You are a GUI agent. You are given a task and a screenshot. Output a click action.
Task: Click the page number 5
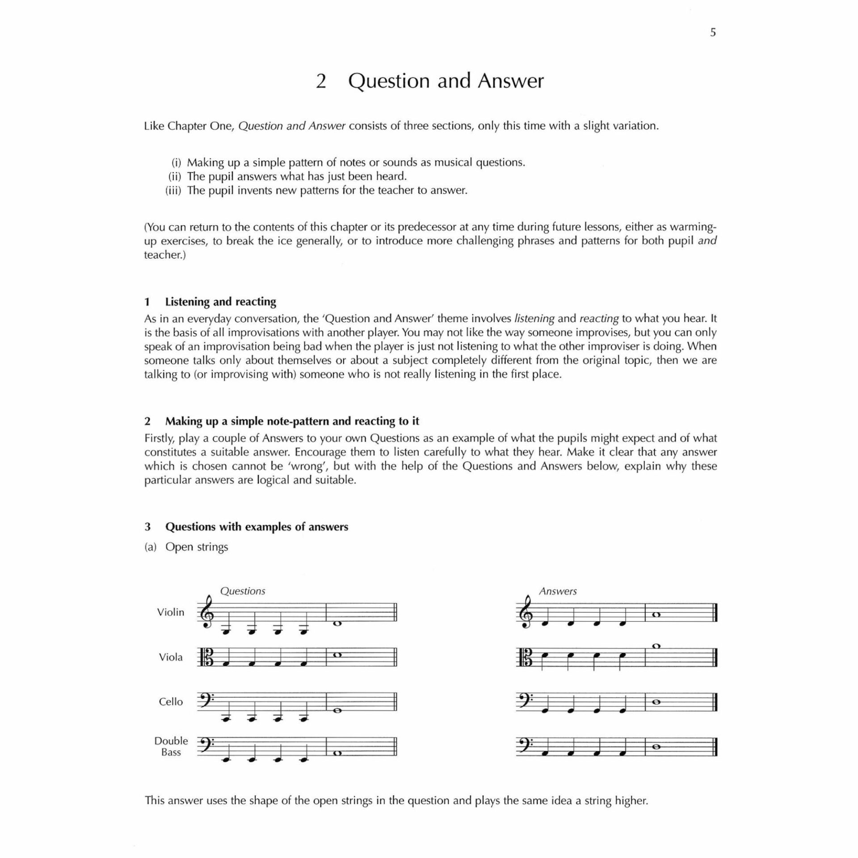coord(713,32)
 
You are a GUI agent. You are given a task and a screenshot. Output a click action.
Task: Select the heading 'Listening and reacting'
coord(220,302)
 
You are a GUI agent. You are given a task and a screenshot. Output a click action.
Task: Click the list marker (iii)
coord(173,190)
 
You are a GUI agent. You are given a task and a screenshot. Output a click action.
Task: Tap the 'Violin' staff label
coord(170,612)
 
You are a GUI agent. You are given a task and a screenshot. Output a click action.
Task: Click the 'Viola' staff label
coord(171,657)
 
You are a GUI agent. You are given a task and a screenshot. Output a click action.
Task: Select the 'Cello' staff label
coord(171,702)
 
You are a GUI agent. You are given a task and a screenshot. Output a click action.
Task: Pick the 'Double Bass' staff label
coord(171,746)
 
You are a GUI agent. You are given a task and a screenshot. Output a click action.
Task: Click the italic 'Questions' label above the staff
coord(243,591)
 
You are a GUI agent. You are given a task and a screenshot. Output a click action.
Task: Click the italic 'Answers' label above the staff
coord(558,591)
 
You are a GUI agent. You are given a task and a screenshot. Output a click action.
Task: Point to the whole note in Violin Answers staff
coord(656,615)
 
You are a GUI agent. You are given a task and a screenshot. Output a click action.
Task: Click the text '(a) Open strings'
coord(186,547)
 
